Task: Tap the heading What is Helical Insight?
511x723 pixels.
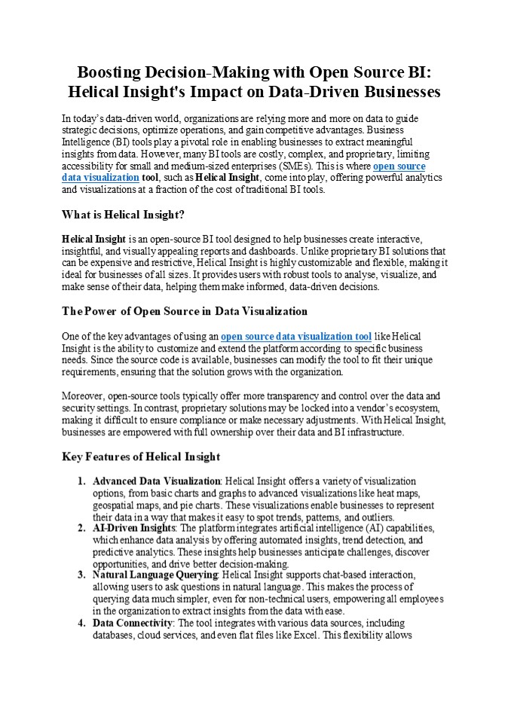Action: click(123, 215)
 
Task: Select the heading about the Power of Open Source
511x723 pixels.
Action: click(174, 310)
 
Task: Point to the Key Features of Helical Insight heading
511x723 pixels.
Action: click(141, 456)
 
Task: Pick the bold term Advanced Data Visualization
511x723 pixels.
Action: click(156, 481)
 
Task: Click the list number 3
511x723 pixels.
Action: click(81, 575)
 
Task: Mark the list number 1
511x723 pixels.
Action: click(81, 481)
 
